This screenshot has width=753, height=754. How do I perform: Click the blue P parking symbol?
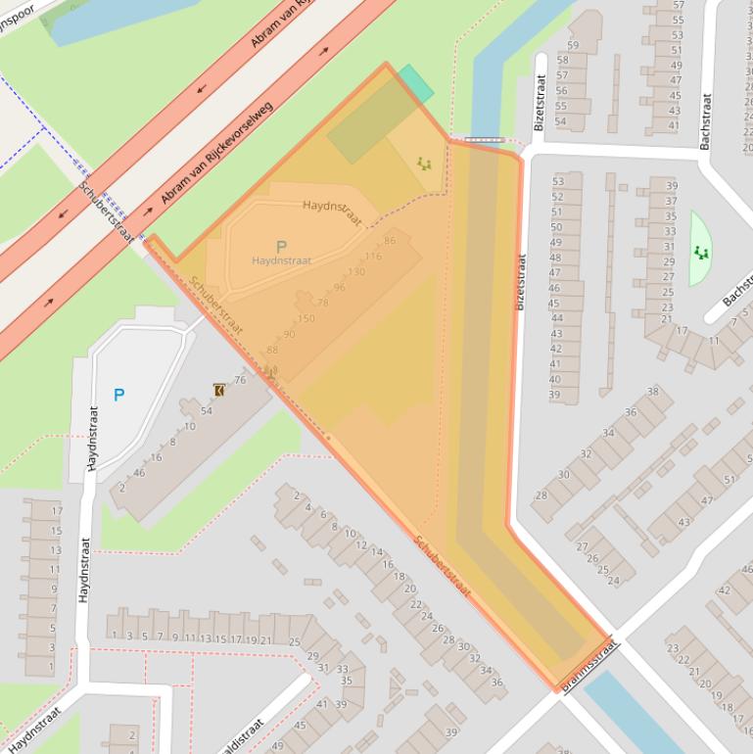(118, 396)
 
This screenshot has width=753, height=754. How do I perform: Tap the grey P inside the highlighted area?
(281, 247)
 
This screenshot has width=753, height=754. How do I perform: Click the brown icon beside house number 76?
(218, 390)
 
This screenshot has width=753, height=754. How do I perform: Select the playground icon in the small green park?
(701, 253)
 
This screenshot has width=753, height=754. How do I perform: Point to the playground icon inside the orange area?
(424, 164)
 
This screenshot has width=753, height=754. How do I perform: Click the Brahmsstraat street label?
(588, 663)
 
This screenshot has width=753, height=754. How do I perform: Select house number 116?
(372, 257)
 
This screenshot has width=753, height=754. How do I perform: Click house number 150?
(306, 318)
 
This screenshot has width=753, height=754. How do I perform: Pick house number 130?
(356, 271)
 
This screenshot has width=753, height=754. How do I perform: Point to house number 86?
(390, 241)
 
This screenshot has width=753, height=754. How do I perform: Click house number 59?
(573, 45)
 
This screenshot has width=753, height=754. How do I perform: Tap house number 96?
(339, 287)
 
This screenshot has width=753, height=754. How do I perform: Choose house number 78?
(322, 303)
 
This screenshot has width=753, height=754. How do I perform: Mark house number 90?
(289, 334)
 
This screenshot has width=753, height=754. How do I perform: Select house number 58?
(562, 60)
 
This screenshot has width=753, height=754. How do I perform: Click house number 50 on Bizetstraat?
(555, 227)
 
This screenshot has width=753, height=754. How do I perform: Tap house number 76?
(240, 380)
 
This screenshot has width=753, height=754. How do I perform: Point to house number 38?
(652, 392)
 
